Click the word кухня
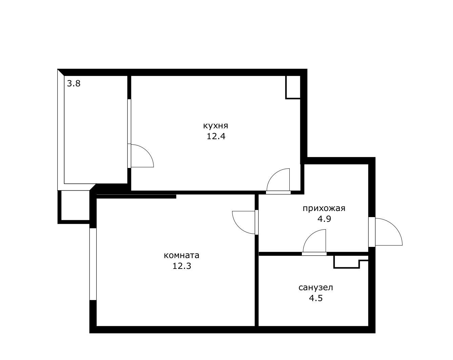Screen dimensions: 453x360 pos(215,126)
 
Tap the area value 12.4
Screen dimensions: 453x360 pos(216,136)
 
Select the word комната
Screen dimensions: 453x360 pos(182,255)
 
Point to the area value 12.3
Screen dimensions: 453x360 pos(182,266)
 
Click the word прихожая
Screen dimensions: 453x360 pos(324,208)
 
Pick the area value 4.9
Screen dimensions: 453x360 pos(324,219)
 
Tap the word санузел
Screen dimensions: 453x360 pos(316,288)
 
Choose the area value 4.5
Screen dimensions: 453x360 pos(316,298)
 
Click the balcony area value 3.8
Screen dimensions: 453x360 pos(74,84)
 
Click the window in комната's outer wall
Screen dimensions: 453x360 pos(93,264)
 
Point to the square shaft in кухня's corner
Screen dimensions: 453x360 pos(293,87)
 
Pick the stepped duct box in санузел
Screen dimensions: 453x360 pos(350,261)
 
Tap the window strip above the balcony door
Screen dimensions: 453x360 pos(129,121)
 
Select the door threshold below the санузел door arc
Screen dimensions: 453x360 pos(314,254)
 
